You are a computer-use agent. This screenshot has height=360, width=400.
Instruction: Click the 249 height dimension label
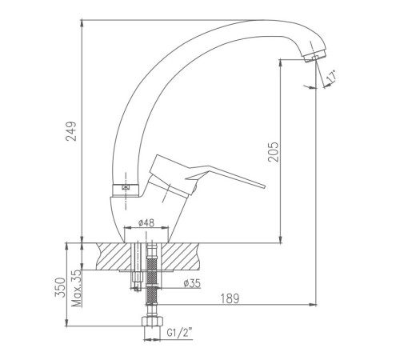coord(71,131)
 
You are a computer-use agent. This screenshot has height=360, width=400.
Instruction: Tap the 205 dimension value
coord(274,152)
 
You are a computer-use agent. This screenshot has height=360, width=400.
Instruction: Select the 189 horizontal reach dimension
coord(230,298)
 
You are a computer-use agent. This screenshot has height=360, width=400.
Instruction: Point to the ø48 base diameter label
coord(146,222)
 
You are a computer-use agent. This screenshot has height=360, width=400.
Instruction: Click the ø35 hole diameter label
coord(192,283)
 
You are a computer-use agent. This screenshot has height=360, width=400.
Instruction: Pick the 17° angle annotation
coord(331,77)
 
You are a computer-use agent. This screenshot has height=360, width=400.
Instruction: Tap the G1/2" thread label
coord(179,333)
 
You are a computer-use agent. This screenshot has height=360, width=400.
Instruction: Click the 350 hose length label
coord(60,287)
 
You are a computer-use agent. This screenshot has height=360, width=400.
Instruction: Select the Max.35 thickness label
coord(77,288)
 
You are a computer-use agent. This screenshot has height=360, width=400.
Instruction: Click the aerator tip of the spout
coord(314,56)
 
